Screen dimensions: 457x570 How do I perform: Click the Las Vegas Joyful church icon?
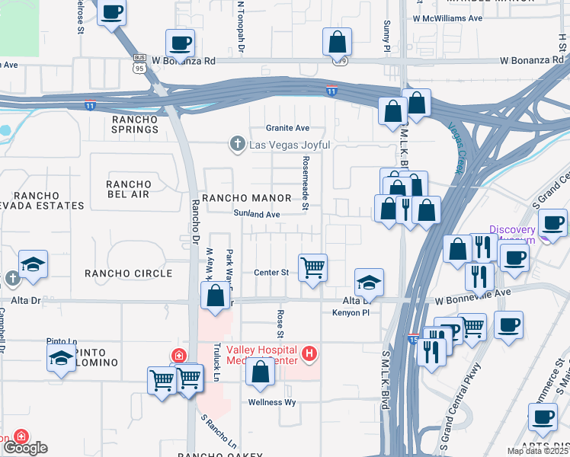(238, 144)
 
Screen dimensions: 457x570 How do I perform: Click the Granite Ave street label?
(287, 128)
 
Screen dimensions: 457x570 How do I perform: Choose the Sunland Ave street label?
(257, 215)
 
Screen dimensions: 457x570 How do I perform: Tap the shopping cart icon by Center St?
(312, 268)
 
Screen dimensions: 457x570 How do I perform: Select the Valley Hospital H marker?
(309, 353)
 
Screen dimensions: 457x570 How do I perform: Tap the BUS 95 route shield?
(139, 62)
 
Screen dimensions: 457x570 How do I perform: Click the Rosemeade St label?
(306, 183)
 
